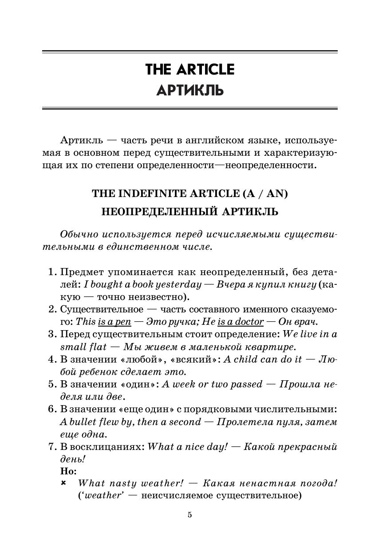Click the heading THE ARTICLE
(x=189, y=70)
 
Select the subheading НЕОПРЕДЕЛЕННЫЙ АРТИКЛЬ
(x=189, y=212)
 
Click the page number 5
(x=190, y=515)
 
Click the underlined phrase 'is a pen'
(x=114, y=322)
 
